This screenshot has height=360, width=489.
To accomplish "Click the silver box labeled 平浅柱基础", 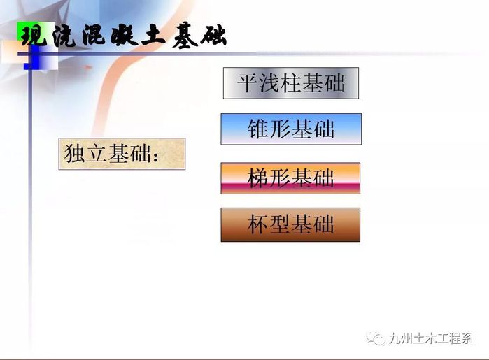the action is (291, 83).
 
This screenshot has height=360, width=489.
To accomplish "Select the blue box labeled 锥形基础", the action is (291, 129).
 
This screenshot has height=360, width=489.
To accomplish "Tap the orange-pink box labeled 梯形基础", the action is (290, 178).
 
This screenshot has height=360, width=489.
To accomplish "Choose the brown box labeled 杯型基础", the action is (290, 224).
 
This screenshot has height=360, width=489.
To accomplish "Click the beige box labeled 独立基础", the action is (122, 154).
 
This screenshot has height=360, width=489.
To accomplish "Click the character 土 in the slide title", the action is (153, 36).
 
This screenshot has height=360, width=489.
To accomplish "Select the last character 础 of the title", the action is (213, 36).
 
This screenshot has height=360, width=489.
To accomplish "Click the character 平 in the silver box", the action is (248, 83).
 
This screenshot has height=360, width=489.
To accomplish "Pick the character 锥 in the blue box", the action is (258, 129).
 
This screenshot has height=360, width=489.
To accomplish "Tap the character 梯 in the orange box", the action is (257, 178).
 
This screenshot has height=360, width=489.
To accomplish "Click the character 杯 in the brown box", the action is (257, 224).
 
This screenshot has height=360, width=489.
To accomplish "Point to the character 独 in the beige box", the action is (75, 153).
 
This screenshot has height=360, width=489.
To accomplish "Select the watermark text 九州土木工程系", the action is (431, 338).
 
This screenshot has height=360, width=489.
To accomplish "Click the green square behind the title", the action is (32, 31).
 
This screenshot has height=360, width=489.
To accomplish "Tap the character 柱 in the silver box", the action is (291, 83).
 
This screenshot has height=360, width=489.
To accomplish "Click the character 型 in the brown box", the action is (279, 224).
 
